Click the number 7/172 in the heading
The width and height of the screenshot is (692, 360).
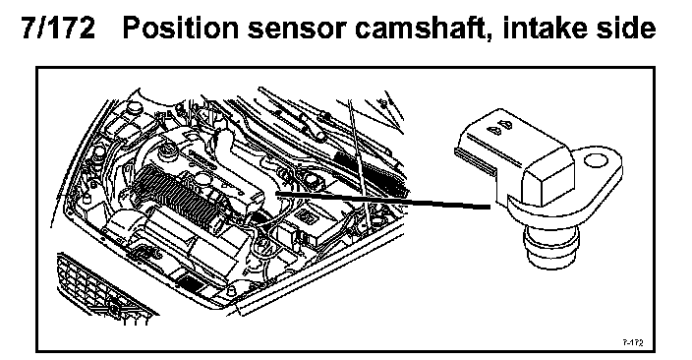[x=58, y=29]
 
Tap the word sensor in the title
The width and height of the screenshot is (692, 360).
[x=298, y=30]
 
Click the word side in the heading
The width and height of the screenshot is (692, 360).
[x=627, y=28]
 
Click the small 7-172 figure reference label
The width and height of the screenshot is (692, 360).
[x=633, y=342]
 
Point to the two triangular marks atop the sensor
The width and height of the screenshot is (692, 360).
[x=497, y=127]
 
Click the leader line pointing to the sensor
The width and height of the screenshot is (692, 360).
[x=382, y=200]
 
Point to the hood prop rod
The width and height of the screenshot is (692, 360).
[x=359, y=163]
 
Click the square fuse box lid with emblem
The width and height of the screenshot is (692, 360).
[x=308, y=217]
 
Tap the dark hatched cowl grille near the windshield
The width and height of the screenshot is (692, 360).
[x=370, y=170]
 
